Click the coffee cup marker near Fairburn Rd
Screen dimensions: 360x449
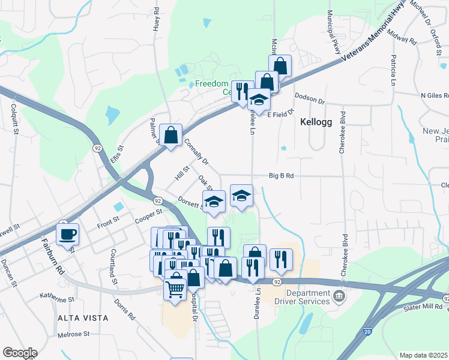(68, 233)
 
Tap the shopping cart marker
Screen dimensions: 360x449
(175, 289)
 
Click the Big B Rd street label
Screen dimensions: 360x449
(282, 176)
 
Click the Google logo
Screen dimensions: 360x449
(20, 352)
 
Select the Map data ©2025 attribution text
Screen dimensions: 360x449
(424, 355)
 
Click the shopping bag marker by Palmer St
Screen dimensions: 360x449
(171, 136)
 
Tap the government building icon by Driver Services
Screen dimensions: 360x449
(339, 295)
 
